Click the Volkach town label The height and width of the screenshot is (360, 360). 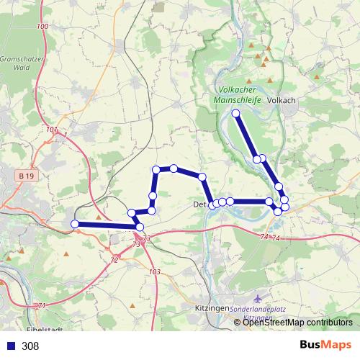tap(282, 101)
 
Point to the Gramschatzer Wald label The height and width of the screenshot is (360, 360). tap(22, 64)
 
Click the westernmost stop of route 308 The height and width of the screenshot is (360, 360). tap(75, 225)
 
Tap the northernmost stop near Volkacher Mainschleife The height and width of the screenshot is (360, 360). tap(236, 113)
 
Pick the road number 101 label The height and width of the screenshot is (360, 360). tap(50, 130)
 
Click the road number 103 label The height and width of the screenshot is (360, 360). tap(154, 271)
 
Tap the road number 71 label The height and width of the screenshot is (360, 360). tap(42, 306)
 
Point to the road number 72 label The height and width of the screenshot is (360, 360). tap(114, 259)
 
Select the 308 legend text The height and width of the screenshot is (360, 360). tap(30, 346)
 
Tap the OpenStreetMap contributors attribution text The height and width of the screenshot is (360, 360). tap(297, 323)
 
